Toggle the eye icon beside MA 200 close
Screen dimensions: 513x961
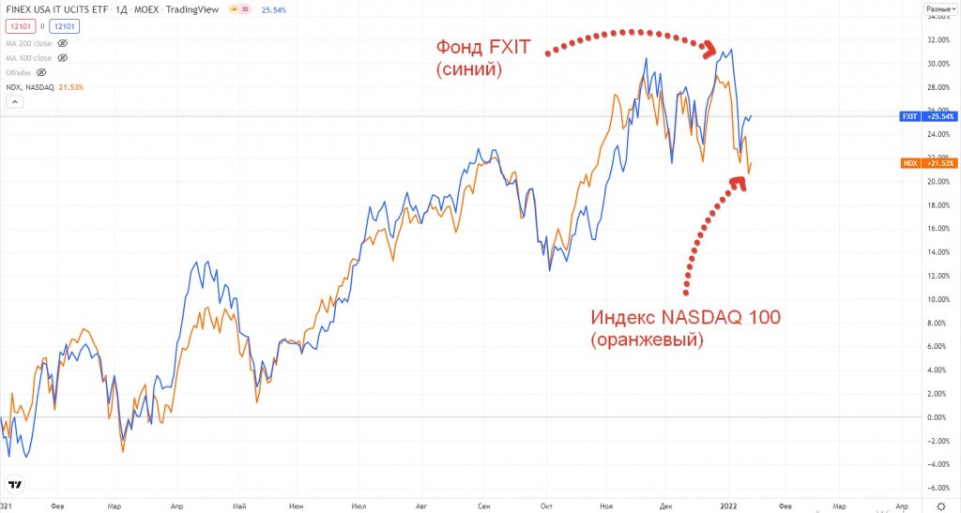tap(63, 43)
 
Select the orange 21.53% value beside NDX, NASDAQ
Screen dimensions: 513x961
tap(70, 87)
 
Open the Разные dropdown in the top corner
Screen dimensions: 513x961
tap(939, 8)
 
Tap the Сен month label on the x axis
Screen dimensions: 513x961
tap(484, 503)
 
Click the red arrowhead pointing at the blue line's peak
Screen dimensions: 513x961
tap(711, 48)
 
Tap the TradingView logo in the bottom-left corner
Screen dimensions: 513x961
tap(15, 484)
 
